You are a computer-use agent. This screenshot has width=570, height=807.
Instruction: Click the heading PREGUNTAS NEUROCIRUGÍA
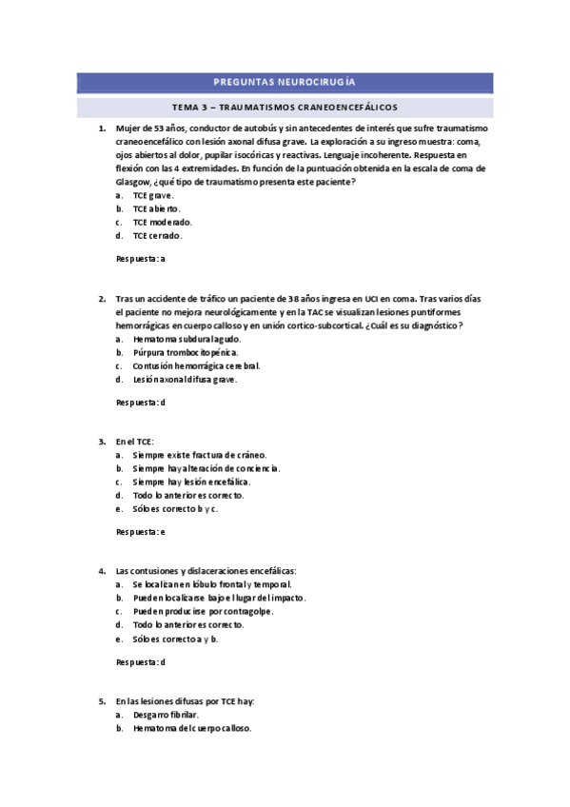(x=285, y=83)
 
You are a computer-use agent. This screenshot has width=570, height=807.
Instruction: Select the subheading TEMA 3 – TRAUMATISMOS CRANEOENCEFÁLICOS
(x=285, y=107)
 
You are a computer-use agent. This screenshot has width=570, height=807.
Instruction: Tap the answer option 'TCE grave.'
(x=153, y=195)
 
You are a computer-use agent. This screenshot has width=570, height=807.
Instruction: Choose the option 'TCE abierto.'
(x=156, y=208)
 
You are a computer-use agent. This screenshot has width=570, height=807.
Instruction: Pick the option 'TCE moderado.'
(x=162, y=222)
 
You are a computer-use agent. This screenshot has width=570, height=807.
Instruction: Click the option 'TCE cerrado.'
(x=157, y=236)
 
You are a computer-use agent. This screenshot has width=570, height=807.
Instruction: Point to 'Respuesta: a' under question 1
(x=141, y=259)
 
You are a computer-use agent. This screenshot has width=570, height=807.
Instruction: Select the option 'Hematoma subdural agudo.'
(x=187, y=339)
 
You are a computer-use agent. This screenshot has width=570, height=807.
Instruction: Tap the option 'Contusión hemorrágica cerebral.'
(x=196, y=365)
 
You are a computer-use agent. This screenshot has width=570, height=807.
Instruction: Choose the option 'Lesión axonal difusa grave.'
(x=185, y=379)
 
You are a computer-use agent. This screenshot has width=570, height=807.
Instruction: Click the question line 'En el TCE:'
(x=134, y=442)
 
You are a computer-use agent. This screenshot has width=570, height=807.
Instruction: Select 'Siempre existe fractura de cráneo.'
(x=199, y=455)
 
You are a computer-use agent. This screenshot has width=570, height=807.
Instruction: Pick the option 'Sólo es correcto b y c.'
(x=176, y=508)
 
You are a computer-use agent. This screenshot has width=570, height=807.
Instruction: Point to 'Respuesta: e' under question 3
(x=141, y=531)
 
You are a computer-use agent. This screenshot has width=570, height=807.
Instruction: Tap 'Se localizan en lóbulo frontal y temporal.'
(x=212, y=584)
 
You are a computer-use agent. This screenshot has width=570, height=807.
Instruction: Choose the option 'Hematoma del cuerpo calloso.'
(x=191, y=728)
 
